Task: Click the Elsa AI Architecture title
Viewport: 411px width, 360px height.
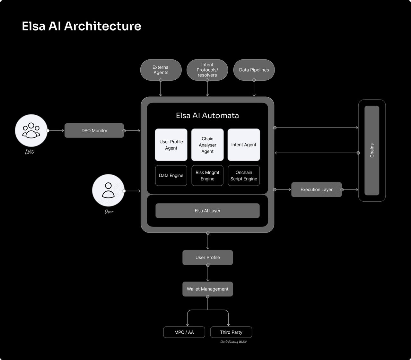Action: point(81,26)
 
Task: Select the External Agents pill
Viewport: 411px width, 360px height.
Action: point(161,70)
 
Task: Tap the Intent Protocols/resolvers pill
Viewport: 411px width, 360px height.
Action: point(207,70)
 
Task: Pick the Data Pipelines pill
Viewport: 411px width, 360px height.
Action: point(254,70)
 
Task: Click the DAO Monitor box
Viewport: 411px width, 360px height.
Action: point(94,131)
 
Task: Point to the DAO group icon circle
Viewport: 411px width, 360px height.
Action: point(31,130)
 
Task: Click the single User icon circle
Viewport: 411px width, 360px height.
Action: point(108,190)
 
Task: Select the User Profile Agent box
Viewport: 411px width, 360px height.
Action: point(171,145)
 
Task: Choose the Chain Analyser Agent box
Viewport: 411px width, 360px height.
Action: point(207,145)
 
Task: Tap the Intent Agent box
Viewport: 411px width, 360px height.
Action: point(244,145)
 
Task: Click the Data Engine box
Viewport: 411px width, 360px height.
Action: point(171,175)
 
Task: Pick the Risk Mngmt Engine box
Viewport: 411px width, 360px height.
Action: point(207,175)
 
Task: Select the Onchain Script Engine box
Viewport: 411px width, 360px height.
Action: point(244,175)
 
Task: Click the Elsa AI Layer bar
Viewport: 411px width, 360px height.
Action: point(207,211)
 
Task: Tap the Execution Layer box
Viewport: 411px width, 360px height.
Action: point(316,189)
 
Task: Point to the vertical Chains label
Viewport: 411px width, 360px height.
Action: point(372,151)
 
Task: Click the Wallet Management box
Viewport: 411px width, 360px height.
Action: point(207,289)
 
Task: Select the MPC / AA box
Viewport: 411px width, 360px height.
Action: point(184,332)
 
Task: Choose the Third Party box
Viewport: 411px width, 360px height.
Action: point(231,332)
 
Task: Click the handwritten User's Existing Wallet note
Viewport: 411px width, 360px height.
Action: point(233,342)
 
